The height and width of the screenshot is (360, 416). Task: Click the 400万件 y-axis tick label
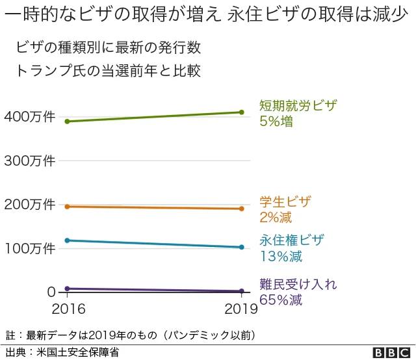(x=29, y=116)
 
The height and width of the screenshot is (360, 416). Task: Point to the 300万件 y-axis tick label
(x=29, y=161)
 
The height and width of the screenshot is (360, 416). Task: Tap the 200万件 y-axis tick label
(x=29, y=205)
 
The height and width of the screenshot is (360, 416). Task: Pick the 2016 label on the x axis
(x=67, y=309)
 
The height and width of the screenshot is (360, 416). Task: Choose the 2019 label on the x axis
(x=241, y=309)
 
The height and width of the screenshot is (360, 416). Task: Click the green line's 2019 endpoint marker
(x=241, y=112)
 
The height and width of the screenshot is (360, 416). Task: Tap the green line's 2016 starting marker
(x=67, y=122)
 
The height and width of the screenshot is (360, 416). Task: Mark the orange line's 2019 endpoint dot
(x=241, y=209)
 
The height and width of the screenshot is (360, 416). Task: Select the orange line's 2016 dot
(x=67, y=206)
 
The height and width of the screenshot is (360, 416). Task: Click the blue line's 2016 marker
(x=67, y=240)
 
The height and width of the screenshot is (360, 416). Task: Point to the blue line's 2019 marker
(x=241, y=247)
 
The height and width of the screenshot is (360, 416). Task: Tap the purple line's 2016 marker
(x=67, y=289)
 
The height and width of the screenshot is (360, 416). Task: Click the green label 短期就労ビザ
(x=298, y=106)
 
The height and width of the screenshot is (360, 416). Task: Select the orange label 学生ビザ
(x=285, y=202)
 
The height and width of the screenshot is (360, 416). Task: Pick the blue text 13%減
(x=281, y=256)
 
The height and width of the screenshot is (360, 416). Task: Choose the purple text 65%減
(x=281, y=300)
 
